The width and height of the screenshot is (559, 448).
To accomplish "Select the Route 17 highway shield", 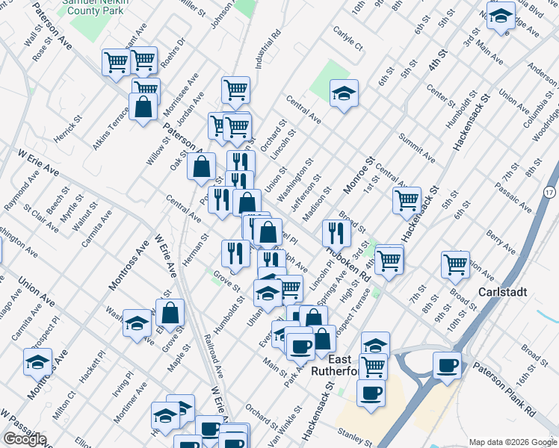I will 549,193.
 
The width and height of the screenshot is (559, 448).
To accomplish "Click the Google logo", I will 25,439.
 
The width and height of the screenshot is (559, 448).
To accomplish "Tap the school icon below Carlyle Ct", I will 344,93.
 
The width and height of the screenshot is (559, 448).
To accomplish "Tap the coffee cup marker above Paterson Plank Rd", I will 447,365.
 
